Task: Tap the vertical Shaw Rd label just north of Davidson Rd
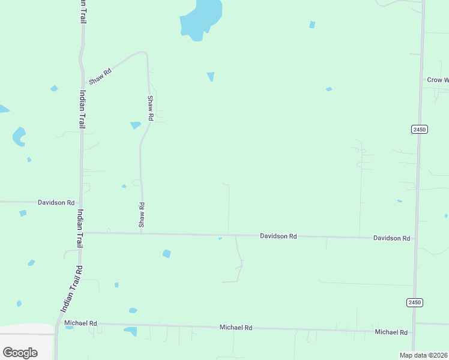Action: (x=142, y=215)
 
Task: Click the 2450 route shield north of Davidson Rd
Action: (x=420, y=130)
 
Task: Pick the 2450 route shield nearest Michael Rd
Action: (x=414, y=302)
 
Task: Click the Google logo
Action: (x=20, y=353)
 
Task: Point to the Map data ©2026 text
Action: (x=424, y=355)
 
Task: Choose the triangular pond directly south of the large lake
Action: (x=211, y=76)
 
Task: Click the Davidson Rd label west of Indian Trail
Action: (x=56, y=203)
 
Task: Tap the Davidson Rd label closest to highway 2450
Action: (x=391, y=238)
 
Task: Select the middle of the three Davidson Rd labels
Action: (x=278, y=236)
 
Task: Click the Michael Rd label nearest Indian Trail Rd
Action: (x=80, y=323)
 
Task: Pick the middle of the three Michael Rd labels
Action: (x=235, y=328)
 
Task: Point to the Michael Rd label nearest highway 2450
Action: (x=391, y=332)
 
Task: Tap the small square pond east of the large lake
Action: (x=312, y=25)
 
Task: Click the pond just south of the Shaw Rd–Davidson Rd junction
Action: (x=166, y=254)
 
